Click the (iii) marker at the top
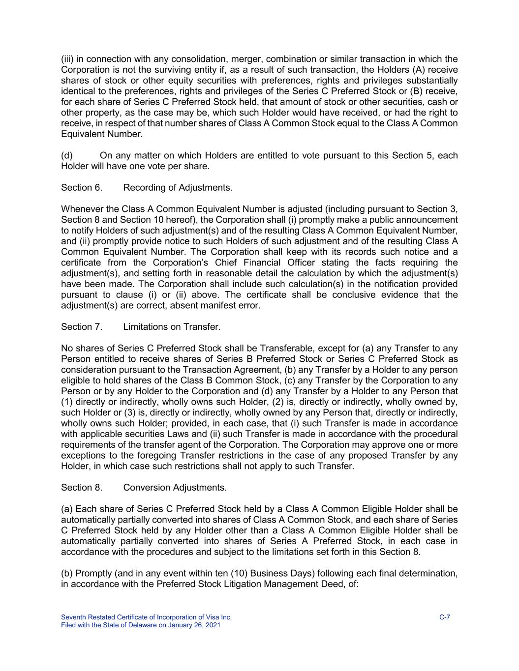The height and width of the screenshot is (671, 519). point(67,59)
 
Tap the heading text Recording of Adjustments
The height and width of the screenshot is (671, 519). point(178,187)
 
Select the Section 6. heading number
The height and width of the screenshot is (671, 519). point(82,187)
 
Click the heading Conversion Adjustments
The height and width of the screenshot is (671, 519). point(175,487)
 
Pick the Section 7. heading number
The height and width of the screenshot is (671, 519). point(82,327)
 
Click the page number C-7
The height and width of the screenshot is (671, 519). point(445,617)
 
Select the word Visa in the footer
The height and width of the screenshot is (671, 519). point(208,617)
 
